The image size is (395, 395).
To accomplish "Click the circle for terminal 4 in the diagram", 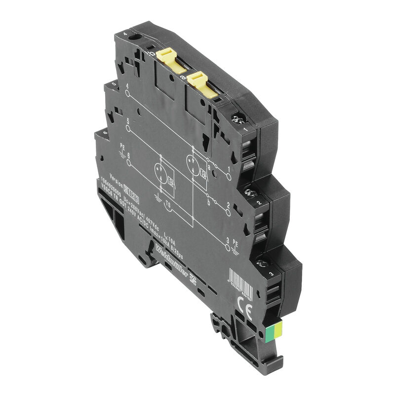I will click(127, 92).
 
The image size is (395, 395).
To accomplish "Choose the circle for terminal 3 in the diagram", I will click(228, 247).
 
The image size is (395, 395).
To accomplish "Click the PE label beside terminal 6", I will click(122, 147).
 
